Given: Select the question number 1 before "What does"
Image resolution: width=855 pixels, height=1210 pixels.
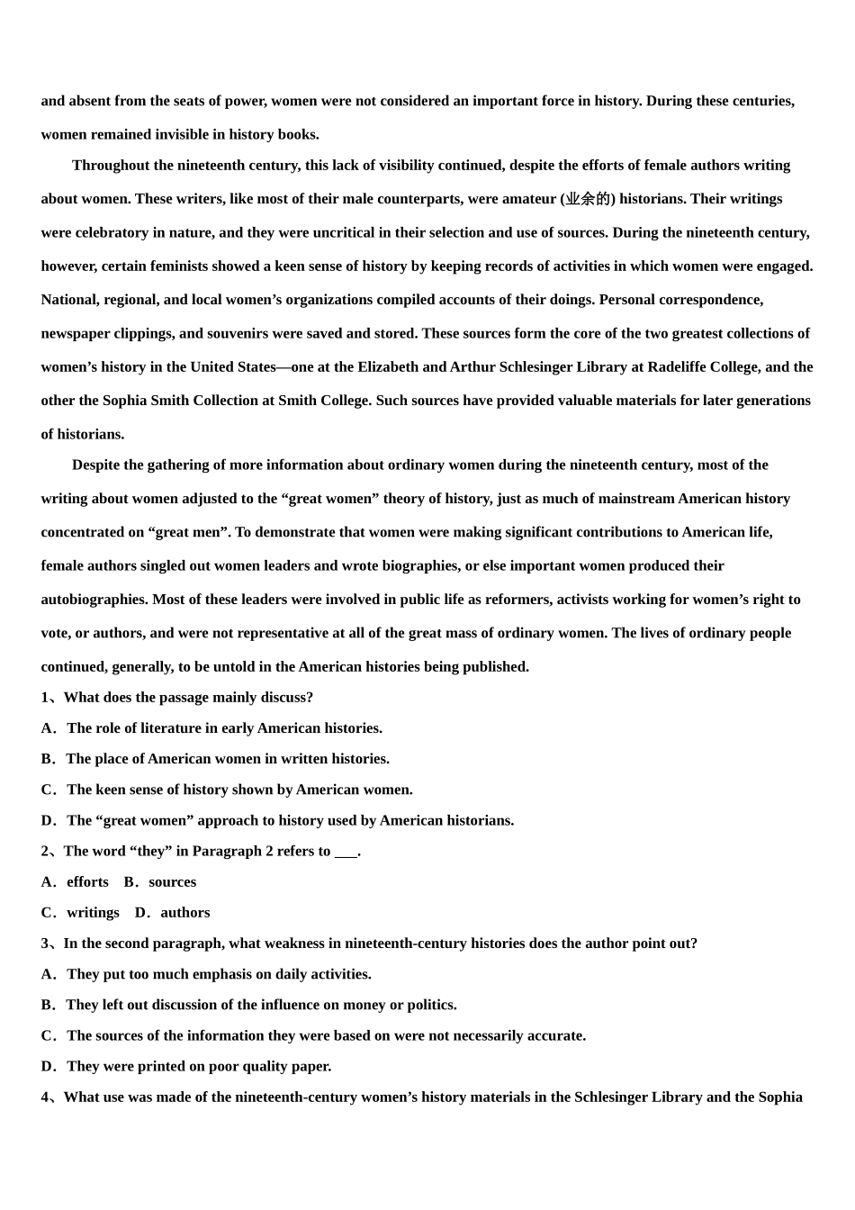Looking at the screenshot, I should [x=45, y=698].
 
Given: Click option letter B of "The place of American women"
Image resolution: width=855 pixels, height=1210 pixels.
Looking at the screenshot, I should [x=47, y=759].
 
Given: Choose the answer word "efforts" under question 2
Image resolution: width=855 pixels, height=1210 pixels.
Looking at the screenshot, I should [x=87, y=882].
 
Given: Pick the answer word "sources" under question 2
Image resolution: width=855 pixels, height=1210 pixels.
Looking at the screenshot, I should [x=172, y=882].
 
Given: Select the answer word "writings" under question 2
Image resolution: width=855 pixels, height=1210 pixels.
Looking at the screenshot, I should [x=93, y=913].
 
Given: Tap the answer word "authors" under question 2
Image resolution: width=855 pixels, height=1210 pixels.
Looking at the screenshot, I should [x=185, y=913].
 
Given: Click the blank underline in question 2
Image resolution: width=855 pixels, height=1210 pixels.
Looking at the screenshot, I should [x=346, y=852].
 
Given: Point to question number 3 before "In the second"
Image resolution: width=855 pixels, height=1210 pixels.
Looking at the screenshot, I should [x=45, y=944].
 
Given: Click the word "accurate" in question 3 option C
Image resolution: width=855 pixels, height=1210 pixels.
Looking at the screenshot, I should [x=556, y=1036].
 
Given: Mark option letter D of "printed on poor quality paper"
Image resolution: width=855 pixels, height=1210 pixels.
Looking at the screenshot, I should [x=48, y=1067].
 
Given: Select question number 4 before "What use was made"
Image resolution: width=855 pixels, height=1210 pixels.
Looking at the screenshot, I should [x=45, y=1097].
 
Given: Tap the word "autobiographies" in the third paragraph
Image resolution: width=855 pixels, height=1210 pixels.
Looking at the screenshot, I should [x=94, y=600].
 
